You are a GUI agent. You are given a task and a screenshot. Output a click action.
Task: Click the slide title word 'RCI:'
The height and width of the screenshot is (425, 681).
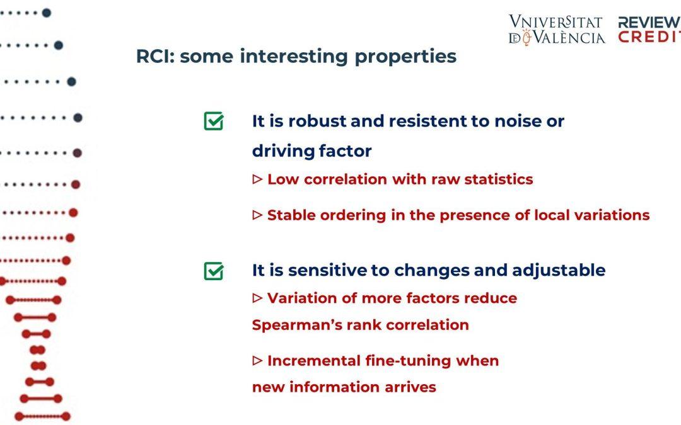click(155, 57)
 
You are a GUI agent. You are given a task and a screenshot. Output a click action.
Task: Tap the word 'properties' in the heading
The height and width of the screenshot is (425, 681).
click(405, 57)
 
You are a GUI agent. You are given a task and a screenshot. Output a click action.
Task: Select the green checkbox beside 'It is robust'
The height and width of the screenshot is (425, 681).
click(214, 120)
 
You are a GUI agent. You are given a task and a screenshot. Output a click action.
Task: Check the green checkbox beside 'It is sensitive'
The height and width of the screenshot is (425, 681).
click(214, 271)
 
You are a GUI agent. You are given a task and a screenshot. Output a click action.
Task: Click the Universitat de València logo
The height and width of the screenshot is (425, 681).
click(557, 30)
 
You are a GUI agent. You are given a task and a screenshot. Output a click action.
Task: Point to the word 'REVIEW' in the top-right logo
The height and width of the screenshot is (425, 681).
click(649, 21)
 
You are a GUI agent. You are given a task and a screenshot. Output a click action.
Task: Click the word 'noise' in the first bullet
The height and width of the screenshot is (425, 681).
click(518, 121)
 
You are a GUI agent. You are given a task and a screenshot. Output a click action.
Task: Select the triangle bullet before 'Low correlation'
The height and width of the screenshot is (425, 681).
click(257, 179)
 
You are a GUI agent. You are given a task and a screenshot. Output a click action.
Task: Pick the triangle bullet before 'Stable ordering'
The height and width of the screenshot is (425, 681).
click(257, 215)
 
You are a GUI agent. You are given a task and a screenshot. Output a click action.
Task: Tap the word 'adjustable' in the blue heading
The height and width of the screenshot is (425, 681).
click(559, 270)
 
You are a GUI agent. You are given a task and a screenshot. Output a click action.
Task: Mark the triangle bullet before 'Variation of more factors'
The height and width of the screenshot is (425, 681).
click(257, 298)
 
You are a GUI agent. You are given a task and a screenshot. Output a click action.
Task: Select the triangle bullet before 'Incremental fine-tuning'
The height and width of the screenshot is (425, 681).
click(257, 360)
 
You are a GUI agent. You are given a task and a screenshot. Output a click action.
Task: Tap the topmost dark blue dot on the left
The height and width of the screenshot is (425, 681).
click(47, 13)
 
